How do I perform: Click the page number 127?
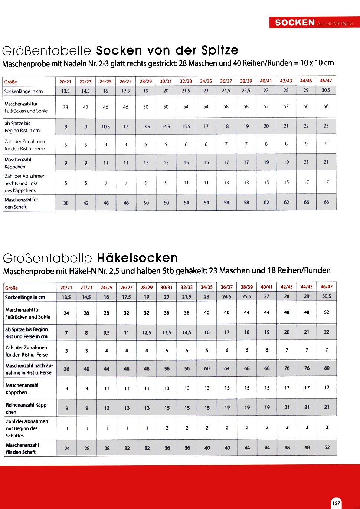(336, 503)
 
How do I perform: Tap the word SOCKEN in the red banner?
(295, 23)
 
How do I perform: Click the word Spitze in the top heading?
(220, 50)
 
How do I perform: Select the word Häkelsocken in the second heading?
(137, 258)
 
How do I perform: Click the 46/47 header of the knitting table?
(326, 81)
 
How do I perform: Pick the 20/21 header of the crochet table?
(66, 288)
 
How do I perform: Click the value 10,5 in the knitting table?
(106, 127)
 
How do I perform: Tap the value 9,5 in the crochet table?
(107, 333)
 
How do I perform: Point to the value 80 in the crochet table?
(327, 368)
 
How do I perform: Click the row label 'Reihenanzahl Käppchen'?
(27, 408)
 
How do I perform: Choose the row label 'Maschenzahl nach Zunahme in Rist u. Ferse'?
(29, 369)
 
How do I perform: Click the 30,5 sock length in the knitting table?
(326, 90)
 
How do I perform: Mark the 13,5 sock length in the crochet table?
(66, 297)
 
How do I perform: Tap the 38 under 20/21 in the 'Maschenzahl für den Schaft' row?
(66, 203)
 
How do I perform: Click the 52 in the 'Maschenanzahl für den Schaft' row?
(327, 447)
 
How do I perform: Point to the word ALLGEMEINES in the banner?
(335, 23)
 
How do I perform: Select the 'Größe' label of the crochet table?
(12, 288)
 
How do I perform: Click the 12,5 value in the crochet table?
(147, 332)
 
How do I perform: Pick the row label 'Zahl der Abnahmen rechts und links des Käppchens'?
(25, 183)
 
